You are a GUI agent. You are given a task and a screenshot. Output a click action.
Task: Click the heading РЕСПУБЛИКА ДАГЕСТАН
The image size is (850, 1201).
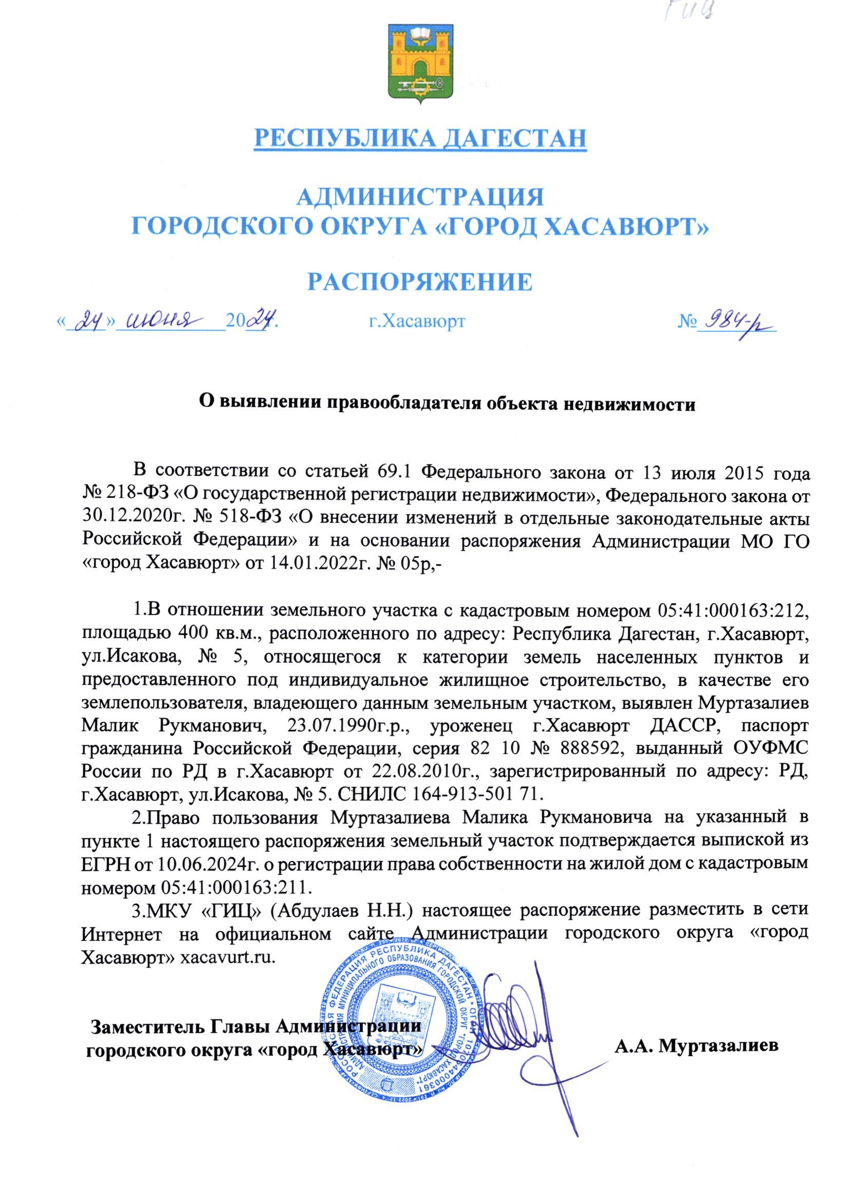pyautogui.click(x=420, y=138)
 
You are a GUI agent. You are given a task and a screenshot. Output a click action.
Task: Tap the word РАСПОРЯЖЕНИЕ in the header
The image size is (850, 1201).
pyautogui.click(x=420, y=282)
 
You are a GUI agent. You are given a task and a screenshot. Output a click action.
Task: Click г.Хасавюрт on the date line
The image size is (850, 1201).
pyautogui.click(x=417, y=321)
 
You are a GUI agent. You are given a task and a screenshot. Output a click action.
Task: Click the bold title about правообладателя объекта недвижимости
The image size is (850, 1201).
pyautogui.click(x=448, y=404)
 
